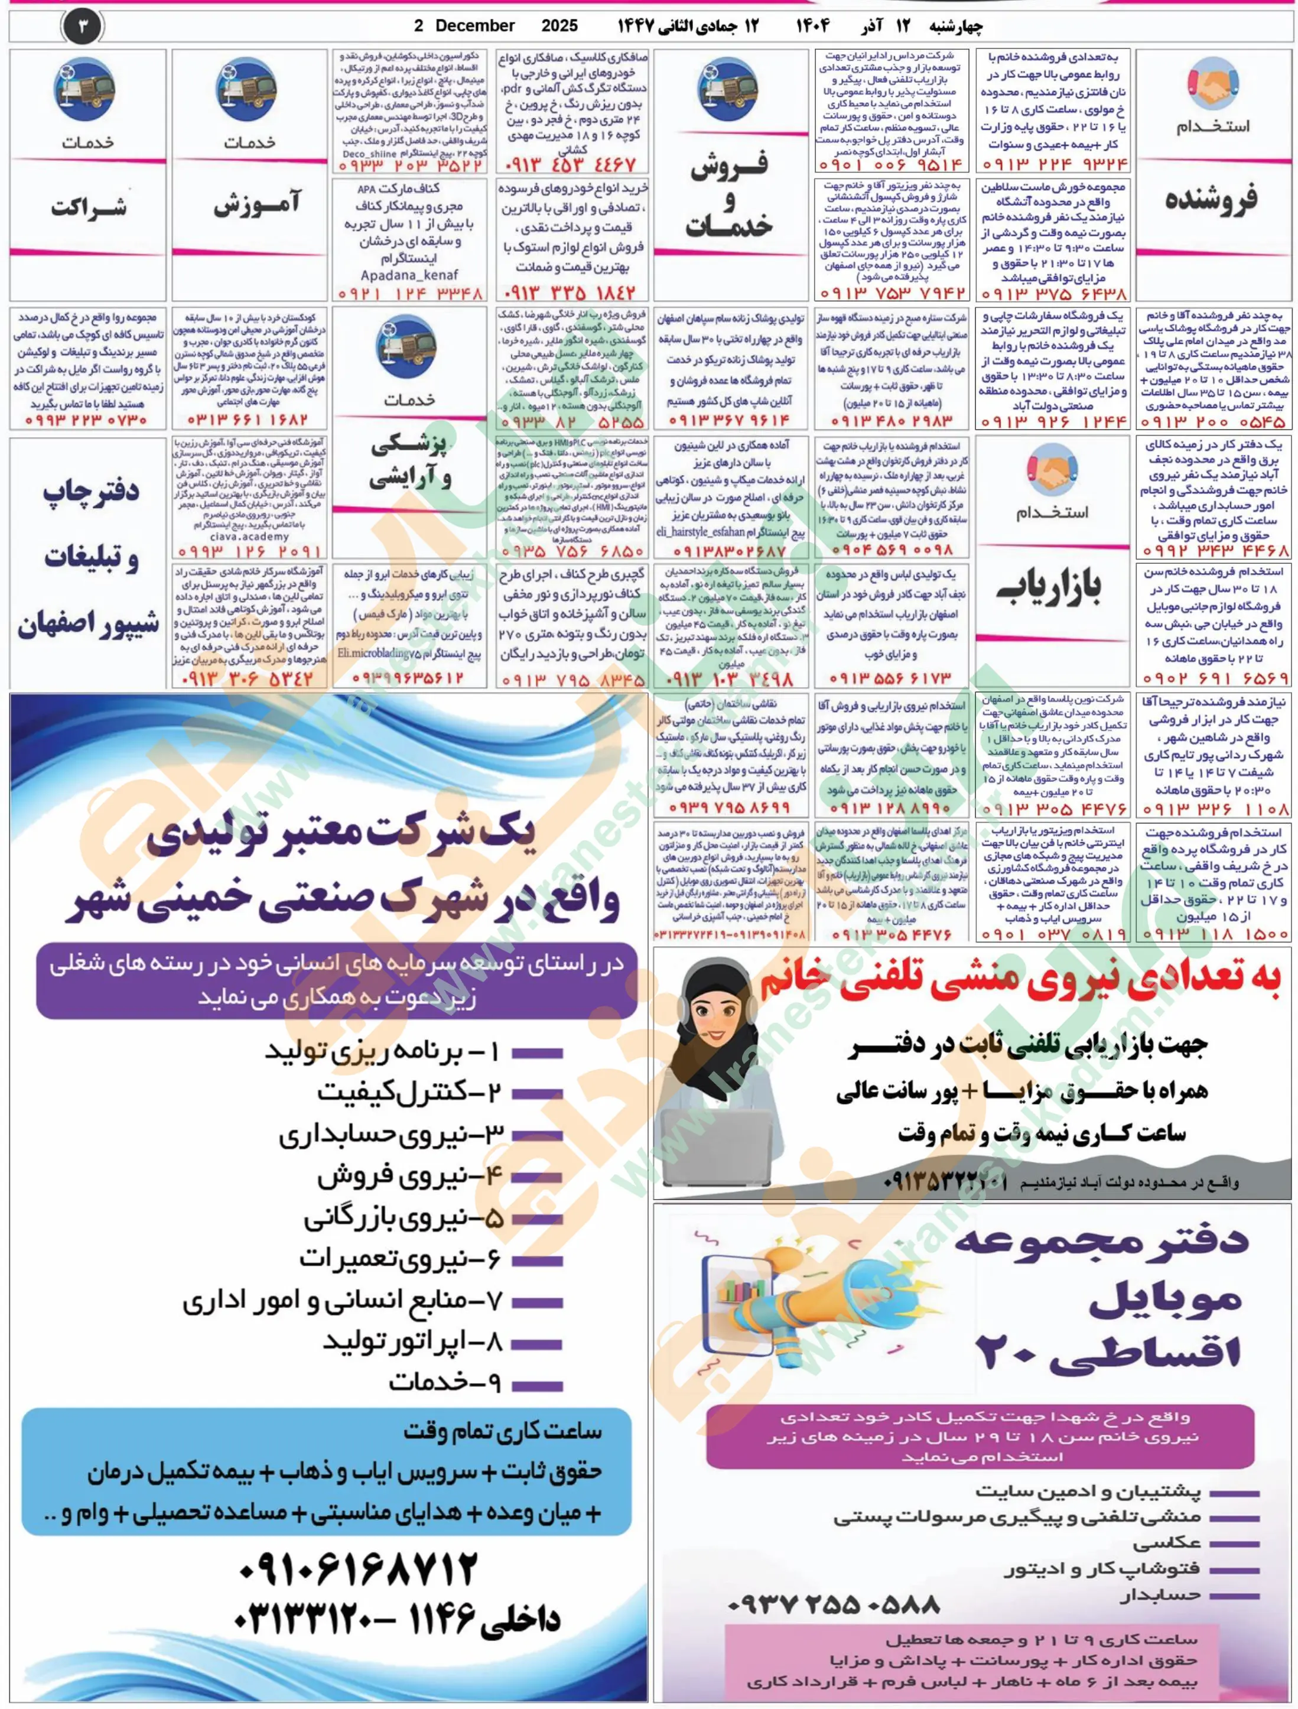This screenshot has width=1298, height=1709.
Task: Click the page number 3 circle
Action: pos(83,27)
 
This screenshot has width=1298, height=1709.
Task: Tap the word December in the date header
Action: pos(474,25)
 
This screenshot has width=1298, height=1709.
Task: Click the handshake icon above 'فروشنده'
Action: pos(1212,86)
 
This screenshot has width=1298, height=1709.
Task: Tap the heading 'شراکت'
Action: pos(88,207)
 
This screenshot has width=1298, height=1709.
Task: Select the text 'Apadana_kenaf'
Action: pos(409,274)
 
